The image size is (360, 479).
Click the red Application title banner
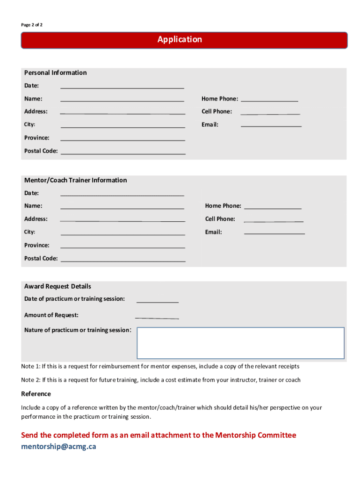click(x=184, y=40)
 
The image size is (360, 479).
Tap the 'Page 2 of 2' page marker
click(x=32, y=24)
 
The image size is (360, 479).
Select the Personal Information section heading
click(x=55, y=73)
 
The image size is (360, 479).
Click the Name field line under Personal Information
click(x=122, y=99)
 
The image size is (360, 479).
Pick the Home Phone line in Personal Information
click(x=269, y=99)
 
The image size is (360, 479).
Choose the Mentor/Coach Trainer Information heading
click(x=75, y=180)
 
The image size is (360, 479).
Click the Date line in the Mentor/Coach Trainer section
click(x=122, y=193)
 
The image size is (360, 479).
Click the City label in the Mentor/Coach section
click(x=29, y=232)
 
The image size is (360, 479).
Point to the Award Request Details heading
click(x=58, y=286)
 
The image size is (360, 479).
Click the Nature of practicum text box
click(x=240, y=343)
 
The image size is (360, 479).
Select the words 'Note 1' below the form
click(x=30, y=366)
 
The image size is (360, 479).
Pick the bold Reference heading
click(x=36, y=394)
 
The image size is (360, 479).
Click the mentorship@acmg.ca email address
click(x=58, y=446)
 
